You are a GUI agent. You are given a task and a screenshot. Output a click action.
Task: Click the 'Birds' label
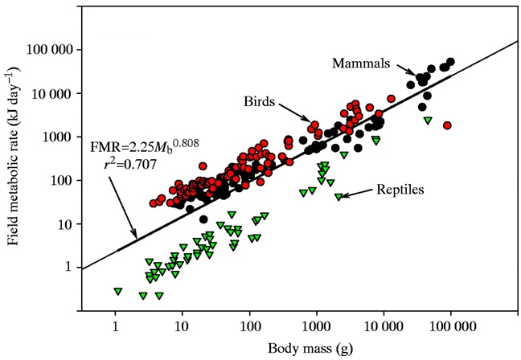tap(261, 102)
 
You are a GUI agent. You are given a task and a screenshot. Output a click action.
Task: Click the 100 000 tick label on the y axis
tap(52, 50)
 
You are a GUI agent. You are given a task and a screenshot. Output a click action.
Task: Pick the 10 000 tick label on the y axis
tap(55, 93)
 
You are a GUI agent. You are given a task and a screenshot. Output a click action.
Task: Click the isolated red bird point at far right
tap(448, 125)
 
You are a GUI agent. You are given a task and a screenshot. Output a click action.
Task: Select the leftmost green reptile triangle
tap(118, 291)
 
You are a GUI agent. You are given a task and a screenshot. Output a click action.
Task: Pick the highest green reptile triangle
tap(428, 121)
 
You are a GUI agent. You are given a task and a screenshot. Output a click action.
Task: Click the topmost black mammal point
tap(450, 62)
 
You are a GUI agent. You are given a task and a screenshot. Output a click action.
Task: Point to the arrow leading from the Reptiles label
tap(354, 194)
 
